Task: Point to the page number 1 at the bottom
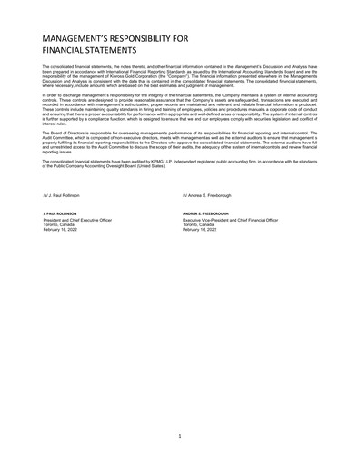click(180, 436)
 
